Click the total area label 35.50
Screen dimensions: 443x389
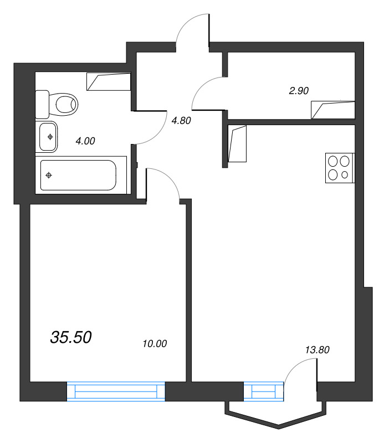click(70, 336)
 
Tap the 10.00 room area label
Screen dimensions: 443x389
click(155, 344)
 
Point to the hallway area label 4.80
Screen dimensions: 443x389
click(181, 120)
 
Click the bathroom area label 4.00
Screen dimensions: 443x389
click(85, 141)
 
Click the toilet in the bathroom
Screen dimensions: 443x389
click(58, 103)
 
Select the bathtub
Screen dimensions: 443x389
click(77, 174)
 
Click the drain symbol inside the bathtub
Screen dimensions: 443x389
click(49, 176)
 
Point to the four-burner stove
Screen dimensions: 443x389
click(339, 168)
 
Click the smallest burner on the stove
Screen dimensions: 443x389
click(345, 176)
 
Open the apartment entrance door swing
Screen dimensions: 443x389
click(191, 30)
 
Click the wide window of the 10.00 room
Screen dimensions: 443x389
click(116, 391)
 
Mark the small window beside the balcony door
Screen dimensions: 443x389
click(263, 391)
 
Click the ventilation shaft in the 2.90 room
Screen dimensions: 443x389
click(332, 110)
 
